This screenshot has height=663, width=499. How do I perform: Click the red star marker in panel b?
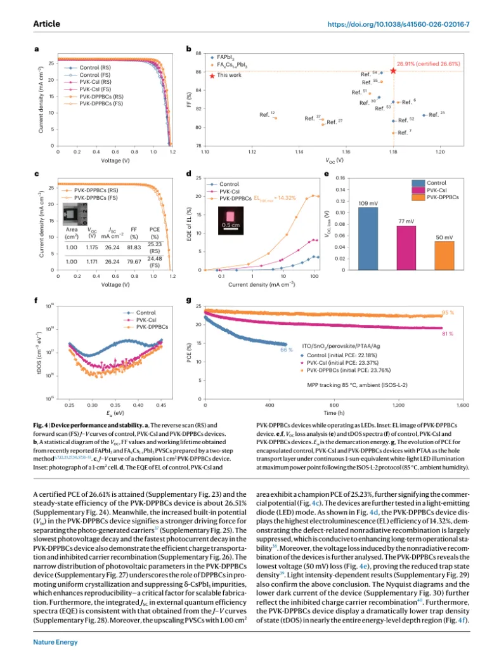[x=393, y=71]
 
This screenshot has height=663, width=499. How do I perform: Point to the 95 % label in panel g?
[x=448, y=313]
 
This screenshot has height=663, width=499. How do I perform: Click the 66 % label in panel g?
[x=285, y=349]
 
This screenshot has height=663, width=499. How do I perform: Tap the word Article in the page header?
[x=46, y=23]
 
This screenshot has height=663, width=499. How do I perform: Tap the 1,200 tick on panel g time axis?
[x=398, y=404]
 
